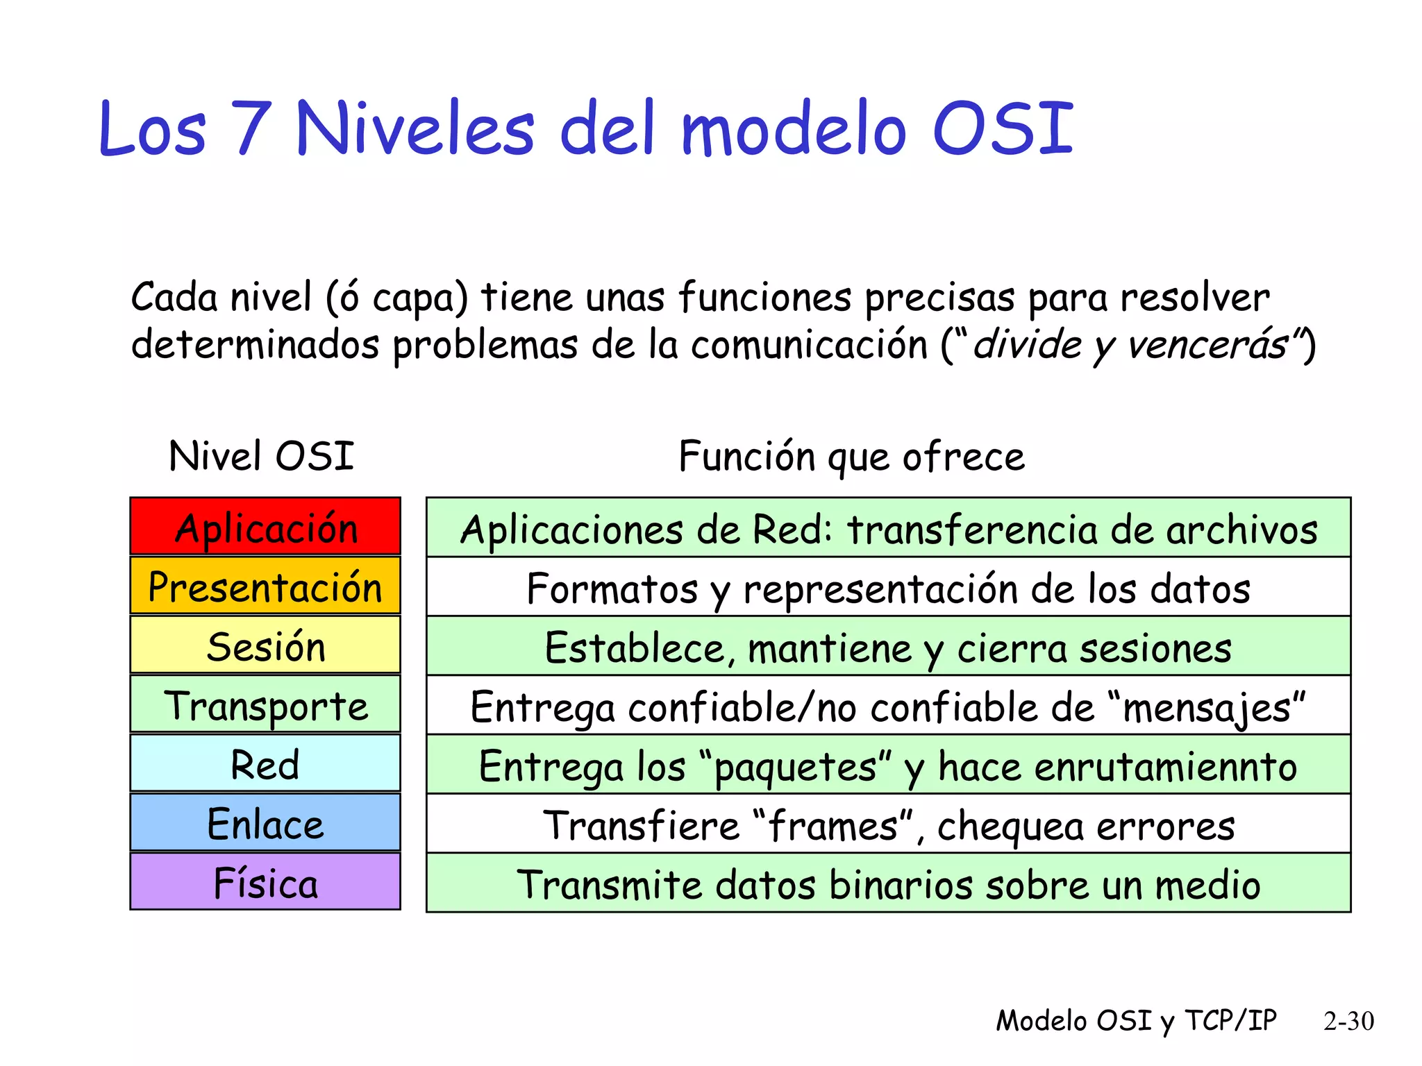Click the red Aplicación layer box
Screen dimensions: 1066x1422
265,527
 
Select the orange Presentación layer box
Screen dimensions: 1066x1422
265,586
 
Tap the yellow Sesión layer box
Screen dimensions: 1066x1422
265,645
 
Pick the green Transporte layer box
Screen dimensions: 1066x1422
265,704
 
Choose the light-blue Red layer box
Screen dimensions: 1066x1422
265,763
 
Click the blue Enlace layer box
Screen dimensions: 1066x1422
265,823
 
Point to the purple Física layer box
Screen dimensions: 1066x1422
265,882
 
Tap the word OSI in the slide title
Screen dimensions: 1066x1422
1002,128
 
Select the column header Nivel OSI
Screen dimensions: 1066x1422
261,456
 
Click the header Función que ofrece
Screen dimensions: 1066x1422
851,457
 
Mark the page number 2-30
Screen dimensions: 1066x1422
1348,1021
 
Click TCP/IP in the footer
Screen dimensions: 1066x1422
1230,1020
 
